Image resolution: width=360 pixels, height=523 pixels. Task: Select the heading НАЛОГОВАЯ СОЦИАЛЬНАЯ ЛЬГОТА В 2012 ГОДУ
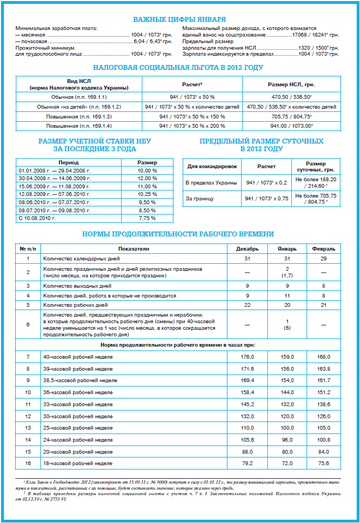pos(178,68)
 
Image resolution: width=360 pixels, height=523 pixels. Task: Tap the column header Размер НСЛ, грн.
pos(291,85)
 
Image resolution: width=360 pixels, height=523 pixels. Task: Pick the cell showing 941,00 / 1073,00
pos(291,126)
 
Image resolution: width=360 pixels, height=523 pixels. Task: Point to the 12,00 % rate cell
pos(147,179)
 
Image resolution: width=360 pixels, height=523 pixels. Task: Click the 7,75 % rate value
pos(147,218)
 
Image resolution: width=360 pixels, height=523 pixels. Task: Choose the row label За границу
pos(200,199)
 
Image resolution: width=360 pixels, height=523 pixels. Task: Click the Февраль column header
pos(323,249)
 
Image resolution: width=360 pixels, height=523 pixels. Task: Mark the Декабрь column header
pos(247,249)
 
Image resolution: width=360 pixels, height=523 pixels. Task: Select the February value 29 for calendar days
pos(323,258)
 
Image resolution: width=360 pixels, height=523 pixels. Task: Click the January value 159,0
pos(287,356)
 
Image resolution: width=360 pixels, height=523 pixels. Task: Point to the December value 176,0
pos(247,356)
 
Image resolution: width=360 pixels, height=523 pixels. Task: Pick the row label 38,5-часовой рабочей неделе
pos(80,380)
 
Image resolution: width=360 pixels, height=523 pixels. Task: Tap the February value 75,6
pos(323,463)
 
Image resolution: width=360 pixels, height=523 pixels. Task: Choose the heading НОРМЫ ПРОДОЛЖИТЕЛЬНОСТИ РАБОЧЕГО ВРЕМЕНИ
pos(178,234)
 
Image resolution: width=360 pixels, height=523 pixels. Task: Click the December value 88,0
pos(247,451)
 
